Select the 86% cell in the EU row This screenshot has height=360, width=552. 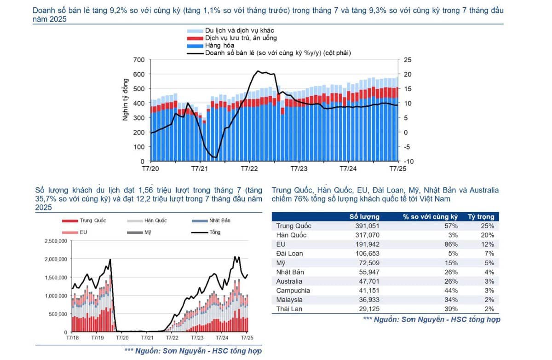pos(451,244)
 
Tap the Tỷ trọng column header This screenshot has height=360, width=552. pos(481,216)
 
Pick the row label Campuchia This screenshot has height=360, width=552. pos(293,290)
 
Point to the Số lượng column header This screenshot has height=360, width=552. pos(364,216)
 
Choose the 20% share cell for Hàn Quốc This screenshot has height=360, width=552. pos(488,235)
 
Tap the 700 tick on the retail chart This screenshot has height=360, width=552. pos(139,60)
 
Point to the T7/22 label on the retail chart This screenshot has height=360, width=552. pos(249,169)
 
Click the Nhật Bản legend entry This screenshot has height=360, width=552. pos(219,221)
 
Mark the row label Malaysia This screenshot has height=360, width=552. pos(289,300)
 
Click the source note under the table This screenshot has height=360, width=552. pos(431,319)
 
